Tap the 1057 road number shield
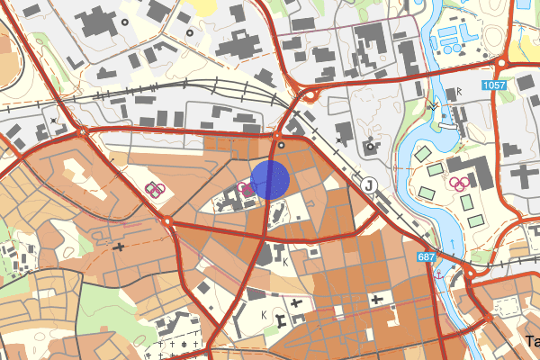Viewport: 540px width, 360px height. coord(493,85)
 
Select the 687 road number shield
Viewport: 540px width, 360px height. coord(429,258)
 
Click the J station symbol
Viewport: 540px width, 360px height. coord(368,184)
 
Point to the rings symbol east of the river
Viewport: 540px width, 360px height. coord(461,184)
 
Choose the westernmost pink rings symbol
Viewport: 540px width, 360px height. coord(155,189)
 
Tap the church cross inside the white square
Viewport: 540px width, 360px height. coord(373,298)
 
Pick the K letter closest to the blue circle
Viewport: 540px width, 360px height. coord(285,262)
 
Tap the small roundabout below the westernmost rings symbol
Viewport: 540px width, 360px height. coord(167,220)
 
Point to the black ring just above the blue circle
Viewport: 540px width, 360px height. coord(281,144)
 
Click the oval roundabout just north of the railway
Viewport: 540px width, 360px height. coord(309,93)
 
